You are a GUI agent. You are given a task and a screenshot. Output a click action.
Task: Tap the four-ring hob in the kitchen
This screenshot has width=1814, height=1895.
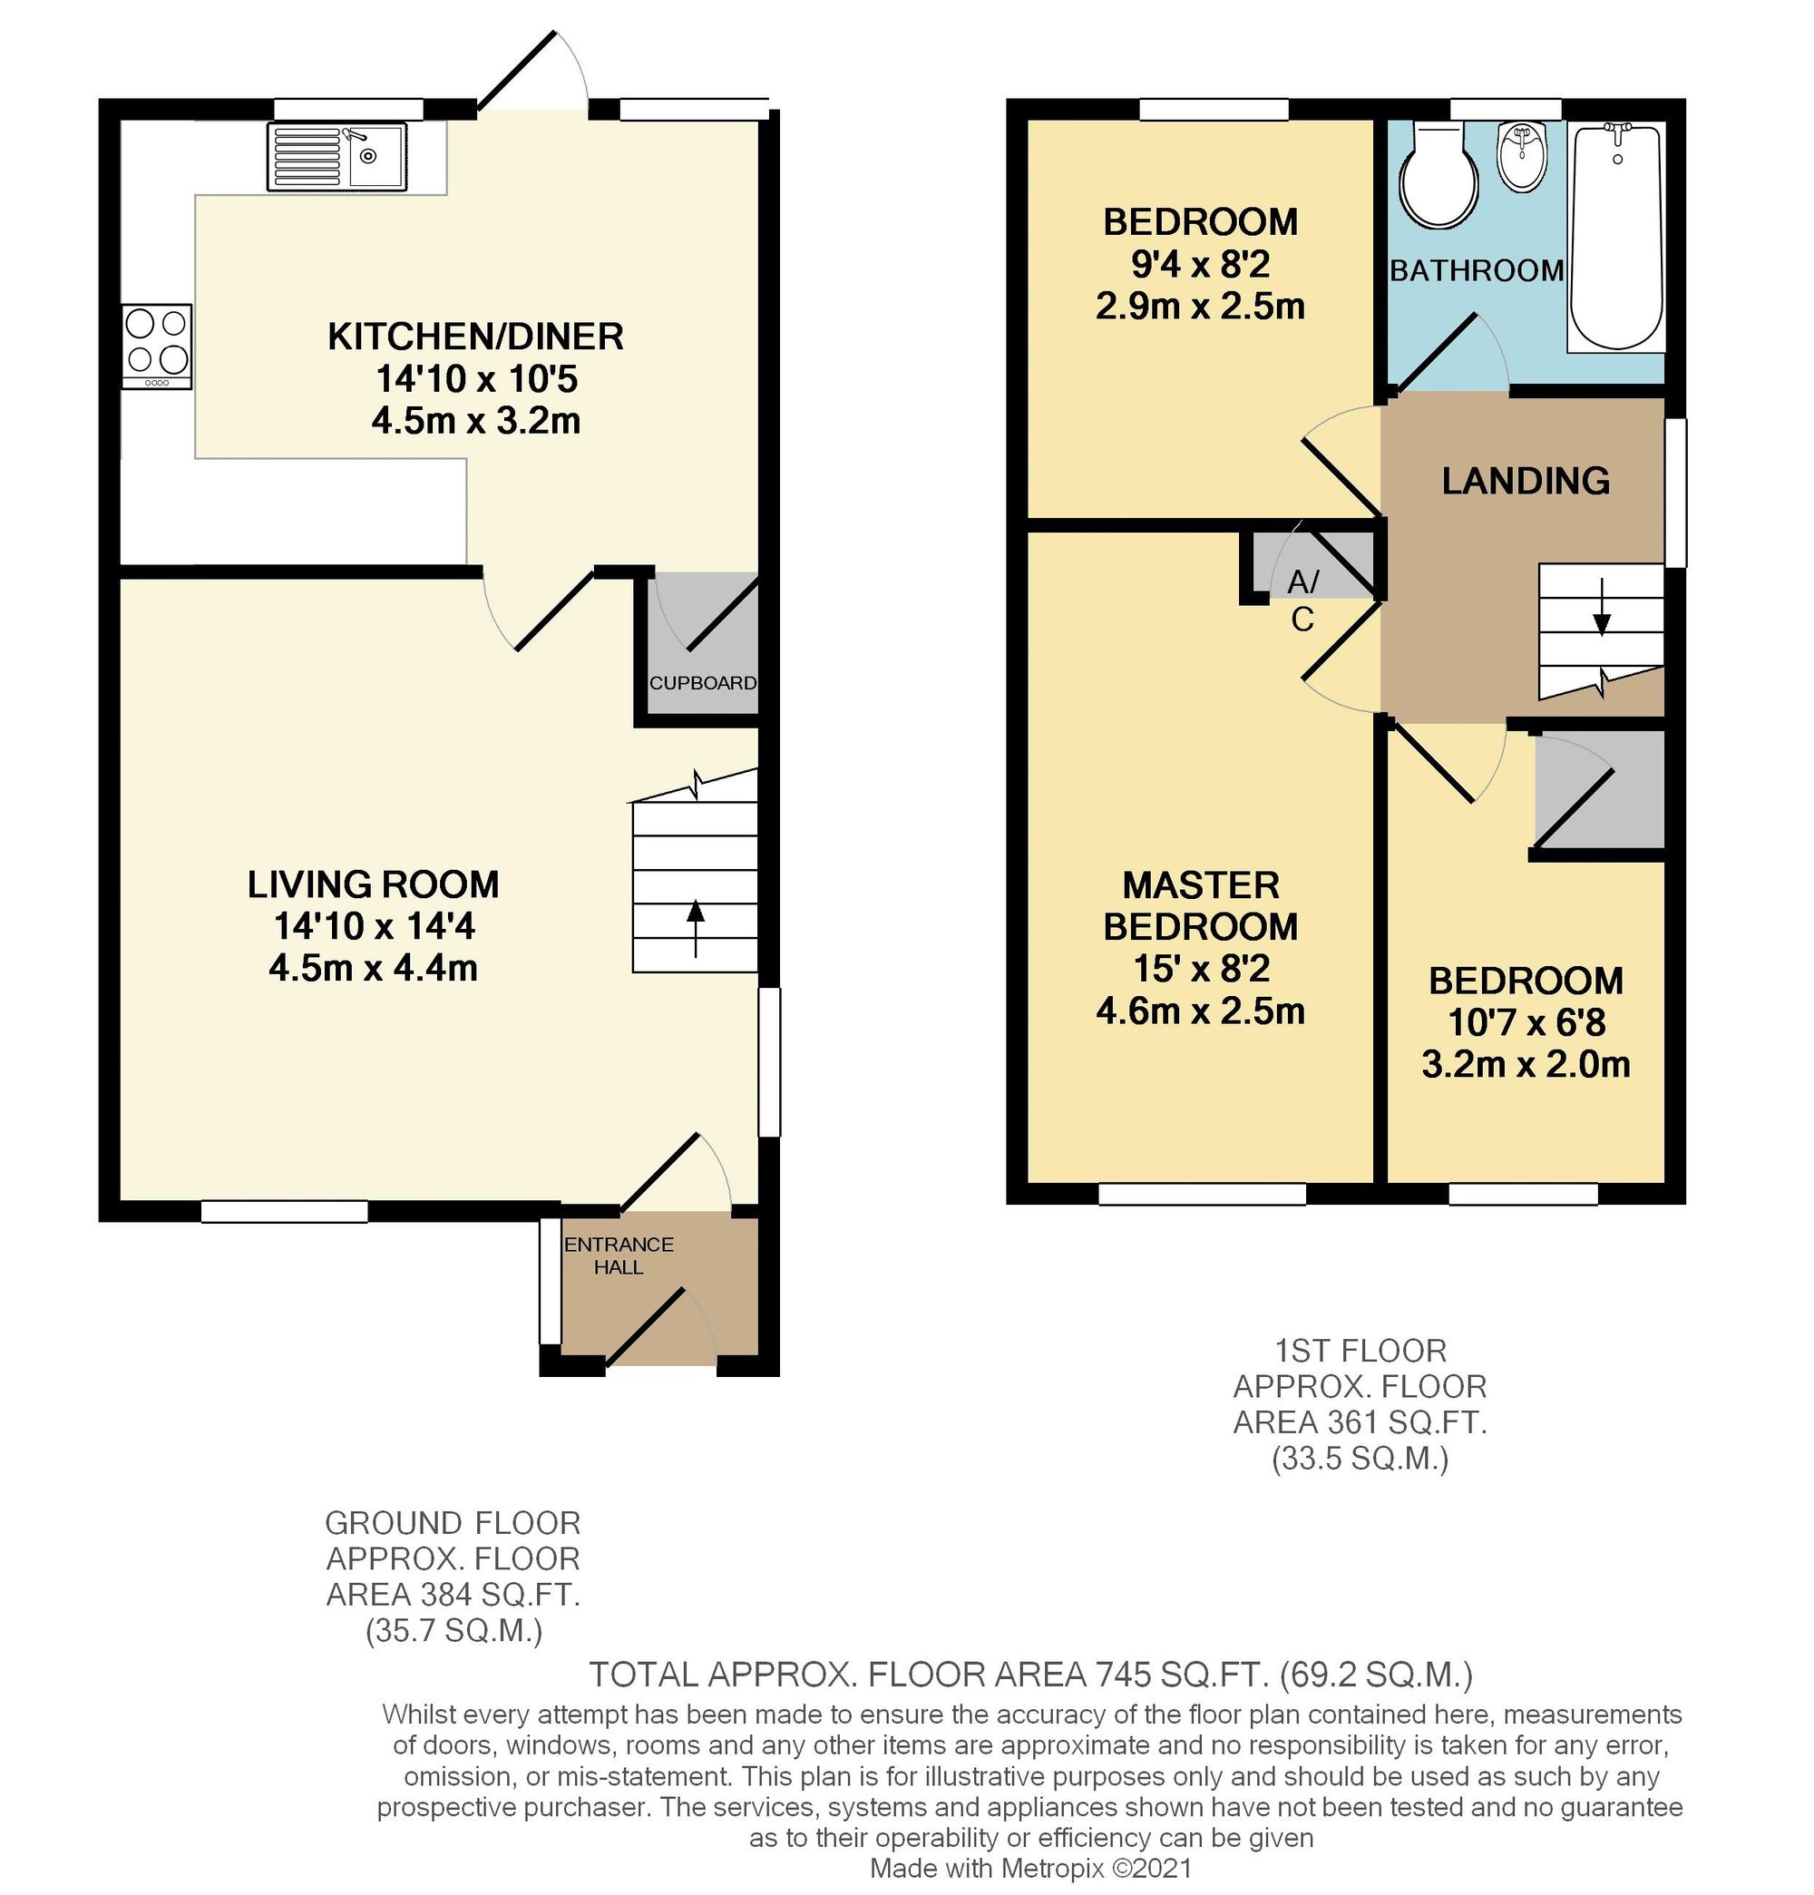point(158,345)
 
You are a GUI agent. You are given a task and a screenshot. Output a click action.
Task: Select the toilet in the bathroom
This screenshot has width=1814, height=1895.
point(1439,180)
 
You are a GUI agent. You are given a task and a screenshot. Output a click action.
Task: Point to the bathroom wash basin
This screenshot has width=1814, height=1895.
point(1523,158)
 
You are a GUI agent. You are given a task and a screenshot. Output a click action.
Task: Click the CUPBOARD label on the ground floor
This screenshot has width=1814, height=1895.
point(702,682)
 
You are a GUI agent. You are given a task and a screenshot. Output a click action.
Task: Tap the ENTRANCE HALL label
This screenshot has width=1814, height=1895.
point(619,1255)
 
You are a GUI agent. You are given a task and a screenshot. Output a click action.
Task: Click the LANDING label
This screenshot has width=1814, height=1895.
point(1525,481)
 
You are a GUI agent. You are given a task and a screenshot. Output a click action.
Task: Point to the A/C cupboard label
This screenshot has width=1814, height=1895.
point(1302,600)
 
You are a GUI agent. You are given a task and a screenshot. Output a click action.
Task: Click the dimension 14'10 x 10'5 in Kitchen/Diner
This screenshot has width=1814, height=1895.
point(476,379)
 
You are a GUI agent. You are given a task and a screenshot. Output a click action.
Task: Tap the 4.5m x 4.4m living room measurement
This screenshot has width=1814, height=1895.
point(374,968)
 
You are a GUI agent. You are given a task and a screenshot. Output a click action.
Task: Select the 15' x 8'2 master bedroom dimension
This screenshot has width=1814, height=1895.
point(1200,969)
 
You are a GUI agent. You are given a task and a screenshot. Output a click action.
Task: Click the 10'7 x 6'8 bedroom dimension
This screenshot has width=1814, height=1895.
point(1525,1023)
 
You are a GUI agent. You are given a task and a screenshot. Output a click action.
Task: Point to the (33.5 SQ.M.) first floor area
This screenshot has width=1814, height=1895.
point(1360,1458)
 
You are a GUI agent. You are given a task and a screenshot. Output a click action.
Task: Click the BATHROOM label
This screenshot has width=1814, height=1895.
point(1476,270)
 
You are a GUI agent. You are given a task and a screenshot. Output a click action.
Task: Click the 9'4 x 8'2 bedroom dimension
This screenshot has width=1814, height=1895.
point(1200,264)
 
